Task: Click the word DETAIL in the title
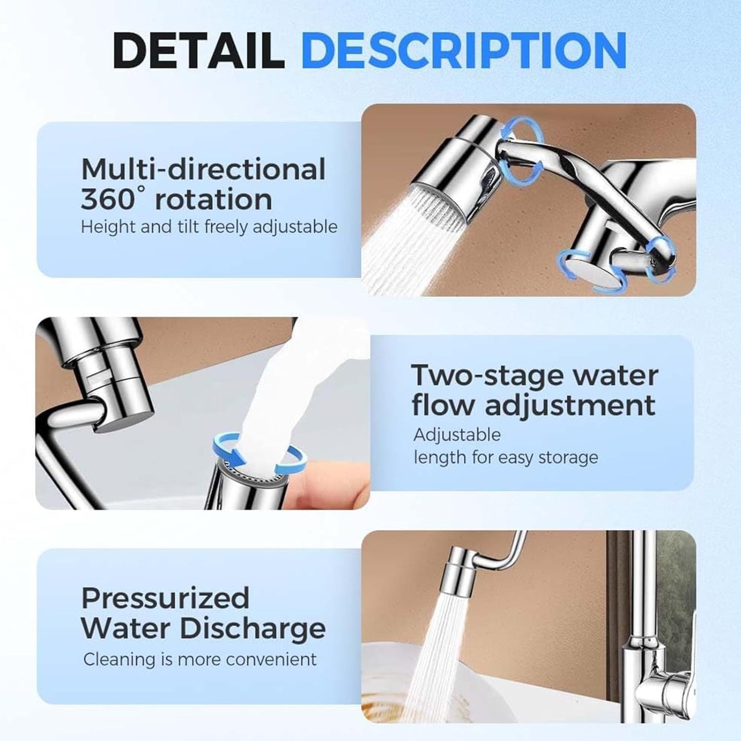(x=198, y=51)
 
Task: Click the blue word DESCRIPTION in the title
(x=464, y=51)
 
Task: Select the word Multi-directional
(x=203, y=169)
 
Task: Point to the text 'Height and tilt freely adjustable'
(x=209, y=226)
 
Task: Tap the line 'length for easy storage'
(x=506, y=457)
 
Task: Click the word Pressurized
(x=165, y=598)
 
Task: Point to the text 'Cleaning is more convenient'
(x=200, y=659)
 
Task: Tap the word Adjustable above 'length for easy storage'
(x=457, y=434)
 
